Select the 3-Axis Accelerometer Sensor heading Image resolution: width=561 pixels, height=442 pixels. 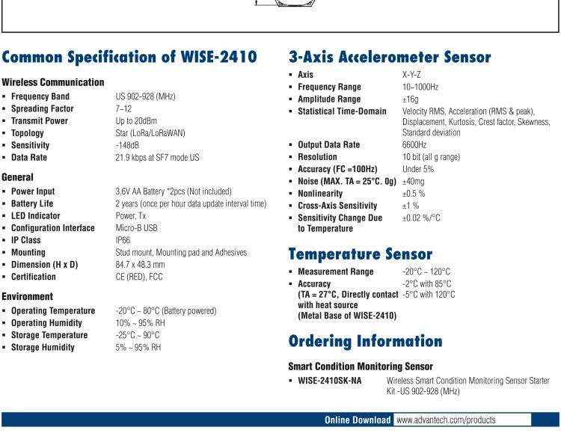pyautogui.click(x=390, y=57)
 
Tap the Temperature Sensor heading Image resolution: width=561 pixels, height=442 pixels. pyautogui.click(x=361, y=254)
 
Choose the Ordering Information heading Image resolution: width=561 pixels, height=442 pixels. pyautogui.click(x=365, y=341)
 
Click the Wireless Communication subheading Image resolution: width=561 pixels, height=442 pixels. pyautogui.click(x=52, y=82)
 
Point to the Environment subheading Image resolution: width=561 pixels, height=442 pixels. pyautogui.click(x=27, y=296)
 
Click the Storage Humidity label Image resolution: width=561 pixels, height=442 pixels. pyautogui.click(x=42, y=347)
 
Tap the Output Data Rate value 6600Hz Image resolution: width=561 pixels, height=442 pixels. pyautogui.click(x=415, y=144)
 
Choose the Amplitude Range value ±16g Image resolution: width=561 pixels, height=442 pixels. pyautogui.click(x=411, y=99)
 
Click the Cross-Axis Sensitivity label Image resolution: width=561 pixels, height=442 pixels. pyautogui.click(x=338, y=205)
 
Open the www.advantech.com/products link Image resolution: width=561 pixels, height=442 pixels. pyautogui.click(x=446, y=420)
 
